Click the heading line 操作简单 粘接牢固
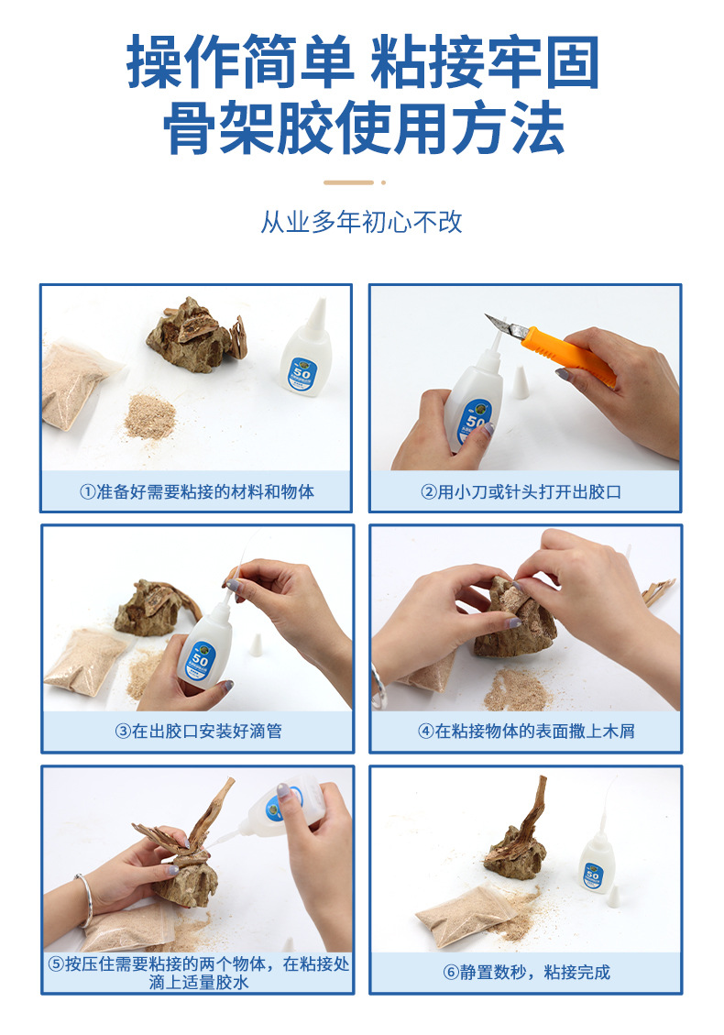[x=362, y=62]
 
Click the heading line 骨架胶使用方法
[x=362, y=128]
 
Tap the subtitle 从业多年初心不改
[x=362, y=223]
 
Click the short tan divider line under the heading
[x=361, y=182]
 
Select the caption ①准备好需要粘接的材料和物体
[x=196, y=491]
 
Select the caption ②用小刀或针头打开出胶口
[x=525, y=491]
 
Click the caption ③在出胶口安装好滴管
[x=196, y=732]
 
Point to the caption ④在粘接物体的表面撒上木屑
[x=525, y=732]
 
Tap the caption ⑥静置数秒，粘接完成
[x=525, y=972]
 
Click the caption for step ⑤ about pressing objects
[x=196, y=972]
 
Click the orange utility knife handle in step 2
[x=568, y=358]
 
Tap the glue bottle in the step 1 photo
[x=306, y=353]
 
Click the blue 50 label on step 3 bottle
[x=199, y=657]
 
